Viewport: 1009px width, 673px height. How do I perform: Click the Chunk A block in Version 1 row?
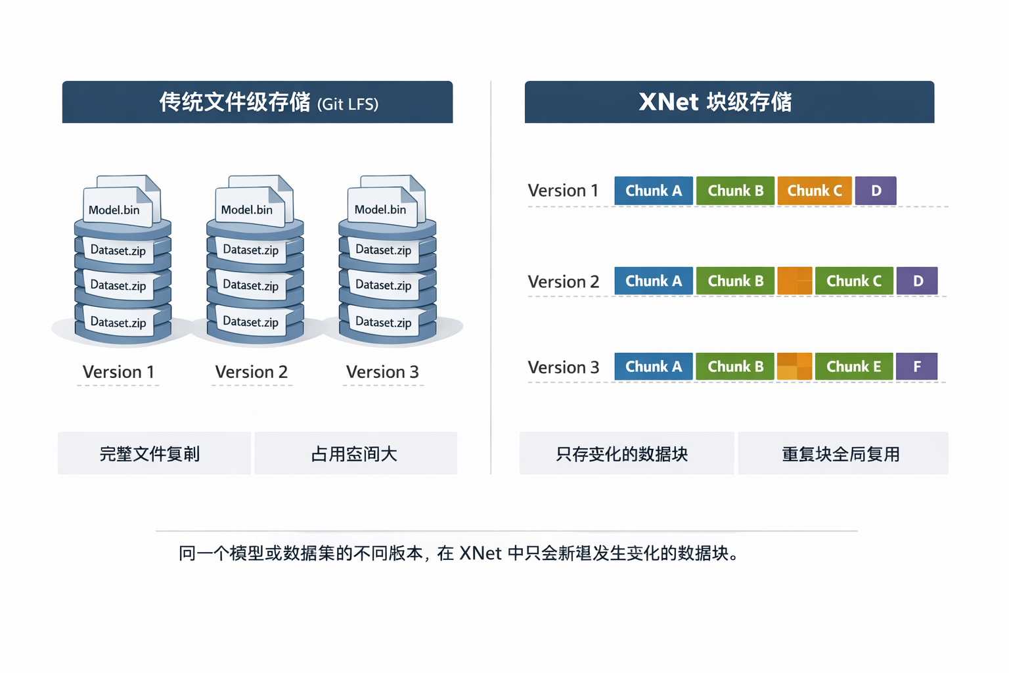click(x=653, y=191)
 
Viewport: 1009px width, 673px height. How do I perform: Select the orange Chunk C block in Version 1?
click(x=814, y=191)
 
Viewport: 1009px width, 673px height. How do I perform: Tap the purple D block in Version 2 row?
click(x=917, y=281)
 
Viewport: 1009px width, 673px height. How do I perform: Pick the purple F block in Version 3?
click(x=916, y=367)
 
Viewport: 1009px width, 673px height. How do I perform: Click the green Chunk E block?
click(x=853, y=367)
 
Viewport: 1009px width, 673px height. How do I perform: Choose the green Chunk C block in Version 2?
click(x=853, y=281)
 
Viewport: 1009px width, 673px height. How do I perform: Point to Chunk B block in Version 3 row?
click(x=735, y=367)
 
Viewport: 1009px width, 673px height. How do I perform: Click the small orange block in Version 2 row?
click(x=794, y=281)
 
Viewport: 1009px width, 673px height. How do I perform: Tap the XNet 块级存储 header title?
click(x=715, y=103)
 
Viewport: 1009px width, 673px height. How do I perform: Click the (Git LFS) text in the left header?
click(x=348, y=104)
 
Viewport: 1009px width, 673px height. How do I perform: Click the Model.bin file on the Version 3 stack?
click(x=380, y=210)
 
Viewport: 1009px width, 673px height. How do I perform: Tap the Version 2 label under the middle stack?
click(x=252, y=372)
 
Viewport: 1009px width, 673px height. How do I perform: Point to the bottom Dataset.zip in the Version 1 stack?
click(x=118, y=323)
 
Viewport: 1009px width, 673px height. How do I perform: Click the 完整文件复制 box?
click(x=150, y=453)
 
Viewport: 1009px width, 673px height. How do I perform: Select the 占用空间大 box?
click(x=355, y=453)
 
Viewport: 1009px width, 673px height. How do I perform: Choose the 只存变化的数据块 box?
click(x=622, y=453)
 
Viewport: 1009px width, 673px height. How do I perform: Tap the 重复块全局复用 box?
click(x=841, y=453)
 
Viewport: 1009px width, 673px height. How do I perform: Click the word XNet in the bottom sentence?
click(x=480, y=553)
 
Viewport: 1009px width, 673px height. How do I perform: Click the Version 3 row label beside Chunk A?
click(x=563, y=367)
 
